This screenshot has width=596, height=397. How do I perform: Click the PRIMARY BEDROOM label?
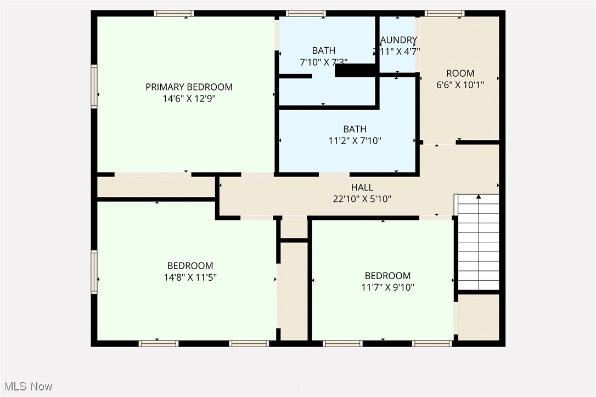coord(189,87)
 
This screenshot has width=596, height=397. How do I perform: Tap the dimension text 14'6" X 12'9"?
coord(189,99)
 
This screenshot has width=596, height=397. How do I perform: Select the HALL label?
coord(362,188)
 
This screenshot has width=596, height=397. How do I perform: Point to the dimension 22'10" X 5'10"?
coord(362,199)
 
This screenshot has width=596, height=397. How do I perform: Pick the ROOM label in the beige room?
coord(460,73)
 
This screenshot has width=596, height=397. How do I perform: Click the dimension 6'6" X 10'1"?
coord(460,85)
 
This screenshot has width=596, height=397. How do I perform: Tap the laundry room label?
coord(398,40)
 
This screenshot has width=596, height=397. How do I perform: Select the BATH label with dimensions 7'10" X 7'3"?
coord(324,50)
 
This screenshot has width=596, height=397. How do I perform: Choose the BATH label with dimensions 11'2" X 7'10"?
coord(355,129)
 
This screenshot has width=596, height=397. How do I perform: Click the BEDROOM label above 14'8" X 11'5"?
coord(190,266)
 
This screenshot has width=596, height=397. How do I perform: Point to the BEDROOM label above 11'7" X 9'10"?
coord(387,276)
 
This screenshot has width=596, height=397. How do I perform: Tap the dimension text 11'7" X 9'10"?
coord(387,287)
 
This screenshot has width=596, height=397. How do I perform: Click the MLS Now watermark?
coord(26,387)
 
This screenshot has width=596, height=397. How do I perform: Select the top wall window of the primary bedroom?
coord(173,13)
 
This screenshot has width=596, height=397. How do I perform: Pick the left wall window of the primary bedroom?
coord(94,87)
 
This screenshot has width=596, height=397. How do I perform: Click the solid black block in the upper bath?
coord(355,70)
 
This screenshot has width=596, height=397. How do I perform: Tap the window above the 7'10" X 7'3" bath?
coord(306,13)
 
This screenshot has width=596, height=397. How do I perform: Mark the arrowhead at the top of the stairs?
coord(479,196)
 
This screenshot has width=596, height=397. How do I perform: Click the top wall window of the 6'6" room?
coord(445,13)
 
